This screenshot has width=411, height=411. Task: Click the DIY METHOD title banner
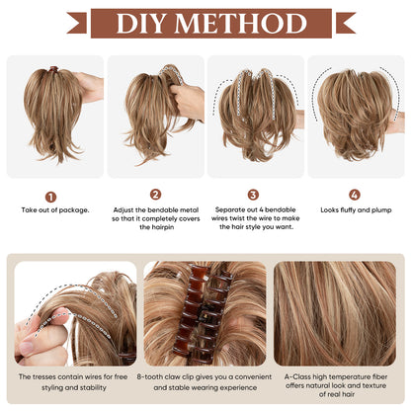coord(205,23)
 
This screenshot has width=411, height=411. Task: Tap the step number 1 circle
coord(50,197)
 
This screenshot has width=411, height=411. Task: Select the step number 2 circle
coord(155,195)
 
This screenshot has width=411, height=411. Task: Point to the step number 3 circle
coord(253,195)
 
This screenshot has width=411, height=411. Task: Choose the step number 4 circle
coord(355,195)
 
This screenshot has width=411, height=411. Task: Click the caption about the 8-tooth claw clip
coord(205,381)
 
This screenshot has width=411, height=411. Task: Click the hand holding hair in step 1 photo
coord(89,87)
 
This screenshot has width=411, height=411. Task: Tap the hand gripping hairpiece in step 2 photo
coord(186,99)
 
